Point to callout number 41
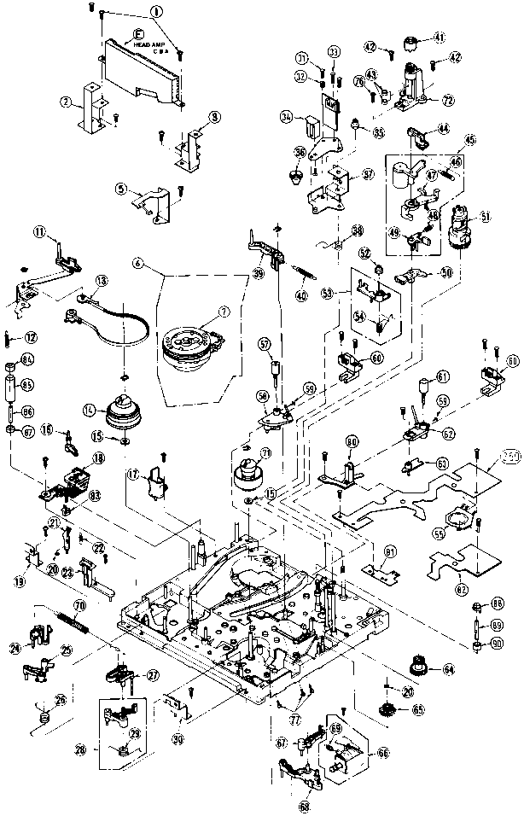[x=440, y=37]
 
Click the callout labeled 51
[x=486, y=217]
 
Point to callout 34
[x=287, y=117]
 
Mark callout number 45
[x=469, y=139]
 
